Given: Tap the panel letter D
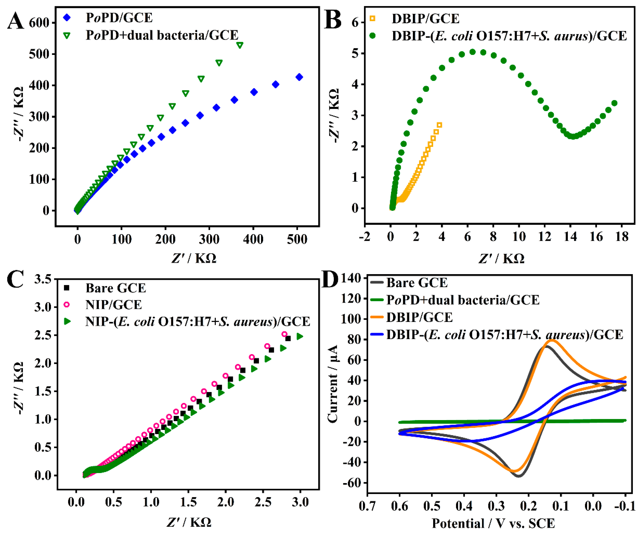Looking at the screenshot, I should point(330,280).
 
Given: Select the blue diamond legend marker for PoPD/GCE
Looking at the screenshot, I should point(66,18).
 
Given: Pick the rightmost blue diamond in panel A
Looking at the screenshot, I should point(299,77).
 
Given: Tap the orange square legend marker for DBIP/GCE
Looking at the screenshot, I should point(372,19).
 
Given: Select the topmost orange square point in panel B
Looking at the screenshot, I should point(439,125).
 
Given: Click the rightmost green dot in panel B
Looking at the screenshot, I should point(614,103).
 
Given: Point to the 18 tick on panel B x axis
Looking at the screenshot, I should point(622,237).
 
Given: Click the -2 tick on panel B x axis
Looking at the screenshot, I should point(365,237).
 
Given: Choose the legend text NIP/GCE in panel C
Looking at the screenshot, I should point(113,305).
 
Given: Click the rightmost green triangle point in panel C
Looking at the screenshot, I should point(300,336).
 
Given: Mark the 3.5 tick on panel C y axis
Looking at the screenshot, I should point(43,279).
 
